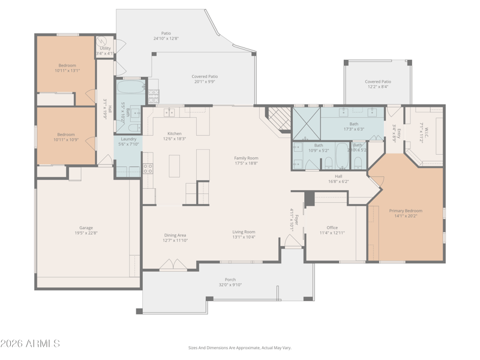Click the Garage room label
pos(86,228)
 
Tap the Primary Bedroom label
pos(406,211)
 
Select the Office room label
pos(332,227)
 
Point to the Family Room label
pos(246,158)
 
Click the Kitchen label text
pos(175,133)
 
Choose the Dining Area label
pos(175,235)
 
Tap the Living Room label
pos(244,232)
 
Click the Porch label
pos(230,280)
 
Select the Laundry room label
pos(129,139)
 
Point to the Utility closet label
pos(105,48)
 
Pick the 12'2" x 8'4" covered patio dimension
pos(378,87)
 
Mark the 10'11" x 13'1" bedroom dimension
pos(67,70)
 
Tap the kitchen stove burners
pos(148,168)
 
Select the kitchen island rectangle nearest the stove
pos(175,166)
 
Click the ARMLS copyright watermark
pos(30,344)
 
